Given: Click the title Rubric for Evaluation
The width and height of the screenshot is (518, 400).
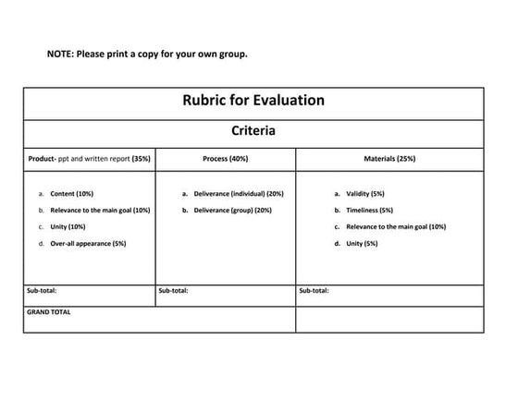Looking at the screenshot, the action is pyautogui.click(x=253, y=102).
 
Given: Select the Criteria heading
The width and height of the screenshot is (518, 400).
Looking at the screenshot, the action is pyautogui.click(x=253, y=131).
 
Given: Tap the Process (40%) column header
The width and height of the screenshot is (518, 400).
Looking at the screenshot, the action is pyautogui.click(x=225, y=159).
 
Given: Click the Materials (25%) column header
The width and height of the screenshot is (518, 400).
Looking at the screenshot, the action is pyautogui.click(x=389, y=159).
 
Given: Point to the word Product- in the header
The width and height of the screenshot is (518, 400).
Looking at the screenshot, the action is pyautogui.click(x=41, y=159).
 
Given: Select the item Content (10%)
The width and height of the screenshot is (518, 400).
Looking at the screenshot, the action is pyautogui.click(x=71, y=194).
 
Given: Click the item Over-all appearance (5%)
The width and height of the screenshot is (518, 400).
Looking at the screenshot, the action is pyautogui.click(x=88, y=243).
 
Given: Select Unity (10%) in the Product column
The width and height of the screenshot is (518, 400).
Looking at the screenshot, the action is pyautogui.click(x=68, y=226).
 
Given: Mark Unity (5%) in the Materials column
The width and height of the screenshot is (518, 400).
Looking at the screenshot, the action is pyautogui.click(x=362, y=243).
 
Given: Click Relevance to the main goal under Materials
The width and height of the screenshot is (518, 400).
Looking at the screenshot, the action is pyautogui.click(x=396, y=226).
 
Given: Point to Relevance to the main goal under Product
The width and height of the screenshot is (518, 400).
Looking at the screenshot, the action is pyautogui.click(x=100, y=211).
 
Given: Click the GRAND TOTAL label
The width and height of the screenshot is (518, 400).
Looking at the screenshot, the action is pyautogui.click(x=48, y=312).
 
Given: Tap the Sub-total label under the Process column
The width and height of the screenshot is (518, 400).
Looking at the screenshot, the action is pyautogui.click(x=174, y=291).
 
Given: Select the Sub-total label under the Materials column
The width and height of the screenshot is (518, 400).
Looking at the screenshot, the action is pyautogui.click(x=314, y=291).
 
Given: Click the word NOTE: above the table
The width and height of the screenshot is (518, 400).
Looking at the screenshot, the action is pyautogui.click(x=60, y=54).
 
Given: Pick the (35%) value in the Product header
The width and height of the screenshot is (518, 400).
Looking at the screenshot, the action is pyautogui.click(x=141, y=159).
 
